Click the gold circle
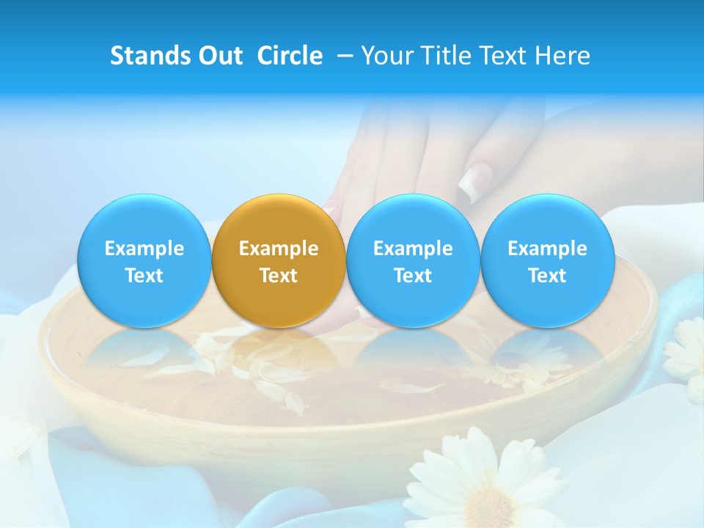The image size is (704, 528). click(x=279, y=261)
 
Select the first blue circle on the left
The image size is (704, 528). click(x=144, y=261)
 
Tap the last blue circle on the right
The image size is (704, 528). click(x=547, y=261)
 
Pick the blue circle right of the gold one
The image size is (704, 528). click(x=413, y=261)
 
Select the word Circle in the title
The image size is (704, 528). click(x=290, y=56)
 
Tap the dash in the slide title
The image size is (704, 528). click(x=345, y=56)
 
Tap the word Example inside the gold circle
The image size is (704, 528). click(x=279, y=249)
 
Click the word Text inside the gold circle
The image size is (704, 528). click(x=279, y=276)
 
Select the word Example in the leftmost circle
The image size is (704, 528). click(x=144, y=249)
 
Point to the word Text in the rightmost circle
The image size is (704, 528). click(x=547, y=276)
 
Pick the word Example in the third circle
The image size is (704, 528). click(x=413, y=249)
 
